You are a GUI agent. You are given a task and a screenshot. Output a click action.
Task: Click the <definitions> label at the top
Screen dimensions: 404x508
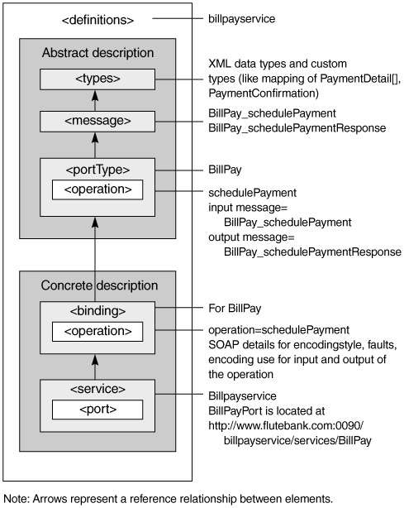(x=97, y=20)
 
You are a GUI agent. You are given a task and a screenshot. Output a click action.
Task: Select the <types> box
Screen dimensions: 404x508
(x=97, y=79)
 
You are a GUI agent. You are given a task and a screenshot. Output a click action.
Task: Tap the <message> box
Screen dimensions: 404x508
(x=97, y=122)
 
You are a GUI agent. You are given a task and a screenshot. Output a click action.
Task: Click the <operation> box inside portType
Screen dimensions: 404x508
(x=97, y=189)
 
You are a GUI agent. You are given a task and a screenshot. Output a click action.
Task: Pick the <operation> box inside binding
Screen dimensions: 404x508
(x=97, y=332)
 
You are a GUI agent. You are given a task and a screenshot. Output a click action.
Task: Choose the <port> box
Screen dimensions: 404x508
(x=97, y=410)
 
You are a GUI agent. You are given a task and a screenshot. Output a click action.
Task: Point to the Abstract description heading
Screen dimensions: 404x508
(x=97, y=53)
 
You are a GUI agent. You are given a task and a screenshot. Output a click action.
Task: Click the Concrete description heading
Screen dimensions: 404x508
(x=99, y=285)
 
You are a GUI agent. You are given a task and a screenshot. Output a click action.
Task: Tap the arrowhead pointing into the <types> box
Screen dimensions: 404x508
(x=95, y=96)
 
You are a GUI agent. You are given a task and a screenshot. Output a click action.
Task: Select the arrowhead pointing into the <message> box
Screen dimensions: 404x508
(x=95, y=137)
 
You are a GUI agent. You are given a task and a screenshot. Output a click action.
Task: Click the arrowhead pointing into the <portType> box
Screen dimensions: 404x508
(x=95, y=223)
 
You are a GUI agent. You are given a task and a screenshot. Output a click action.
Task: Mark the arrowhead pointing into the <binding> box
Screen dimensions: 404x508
(x=95, y=360)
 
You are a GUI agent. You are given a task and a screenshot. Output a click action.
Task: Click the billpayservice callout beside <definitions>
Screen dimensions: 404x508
(x=241, y=19)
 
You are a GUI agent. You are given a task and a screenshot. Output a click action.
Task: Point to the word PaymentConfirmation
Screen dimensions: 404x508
(x=264, y=93)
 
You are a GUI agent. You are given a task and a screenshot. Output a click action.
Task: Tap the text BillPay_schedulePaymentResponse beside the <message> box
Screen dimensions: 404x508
(x=297, y=128)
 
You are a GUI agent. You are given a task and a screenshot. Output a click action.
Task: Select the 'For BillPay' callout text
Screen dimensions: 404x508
(x=235, y=309)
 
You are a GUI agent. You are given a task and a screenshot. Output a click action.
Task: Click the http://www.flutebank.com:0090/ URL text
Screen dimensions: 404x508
(x=286, y=425)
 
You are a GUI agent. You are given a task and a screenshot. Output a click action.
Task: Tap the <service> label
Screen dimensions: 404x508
(x=97, y=389)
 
